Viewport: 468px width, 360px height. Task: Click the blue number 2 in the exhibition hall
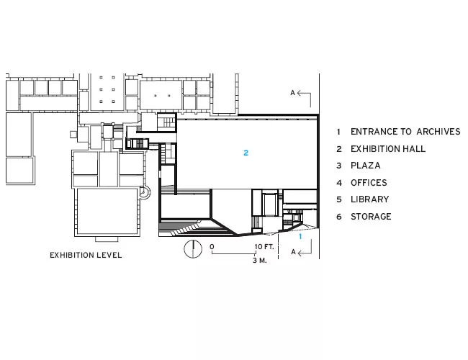click(246, 153)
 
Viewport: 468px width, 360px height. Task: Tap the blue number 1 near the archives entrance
click(300, 236)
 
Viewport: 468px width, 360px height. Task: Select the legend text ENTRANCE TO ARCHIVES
click(405, 132)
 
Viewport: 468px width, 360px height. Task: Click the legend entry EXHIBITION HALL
click(388, 148)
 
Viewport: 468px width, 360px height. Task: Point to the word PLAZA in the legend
click(366, 166)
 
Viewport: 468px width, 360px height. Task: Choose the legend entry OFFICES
click(369, 182)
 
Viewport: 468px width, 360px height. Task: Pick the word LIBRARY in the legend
click(370, 199)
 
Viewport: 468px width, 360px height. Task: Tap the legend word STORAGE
click(371, 217)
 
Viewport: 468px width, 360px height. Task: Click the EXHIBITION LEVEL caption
click(86, 255)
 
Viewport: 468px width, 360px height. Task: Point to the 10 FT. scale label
click(264, 247)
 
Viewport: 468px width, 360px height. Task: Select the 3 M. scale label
click(260, 261)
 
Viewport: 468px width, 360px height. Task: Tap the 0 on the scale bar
click(212, 247)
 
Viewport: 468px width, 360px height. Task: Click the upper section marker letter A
click(293, 93)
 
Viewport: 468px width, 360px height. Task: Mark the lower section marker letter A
click(293, 252)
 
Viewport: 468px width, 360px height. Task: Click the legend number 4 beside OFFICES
click(339, 183)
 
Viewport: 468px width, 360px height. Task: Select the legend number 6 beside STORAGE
click(339, 217)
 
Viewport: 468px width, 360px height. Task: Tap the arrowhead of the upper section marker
click(299, 93)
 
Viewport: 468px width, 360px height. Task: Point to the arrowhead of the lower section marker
click(300, 253)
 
